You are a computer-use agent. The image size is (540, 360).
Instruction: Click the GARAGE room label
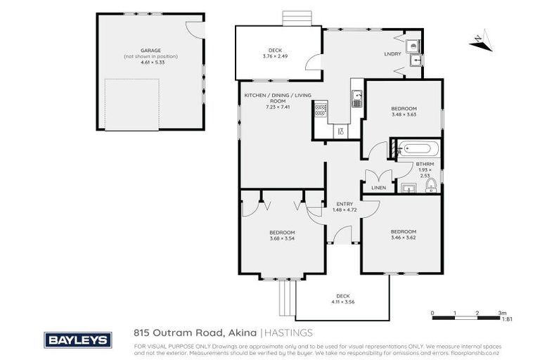(150, 51)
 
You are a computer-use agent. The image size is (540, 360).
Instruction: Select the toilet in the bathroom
(431, 186)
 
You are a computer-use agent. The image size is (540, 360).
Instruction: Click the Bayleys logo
(78, 340)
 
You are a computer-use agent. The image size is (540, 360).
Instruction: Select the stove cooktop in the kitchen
(321, 109)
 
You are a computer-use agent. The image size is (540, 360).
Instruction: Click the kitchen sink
(357, 99)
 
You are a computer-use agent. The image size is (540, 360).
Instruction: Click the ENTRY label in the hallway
(344, 204)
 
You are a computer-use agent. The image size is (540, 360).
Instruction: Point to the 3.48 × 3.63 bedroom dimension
(404, 115)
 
